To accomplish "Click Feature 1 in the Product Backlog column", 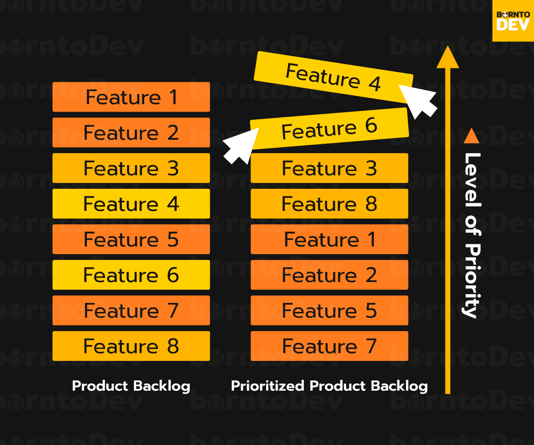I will coord(131,97).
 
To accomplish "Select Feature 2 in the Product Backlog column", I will coord(131,133).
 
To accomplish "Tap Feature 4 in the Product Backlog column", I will coord(131,204).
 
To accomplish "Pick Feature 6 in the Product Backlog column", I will coord(131,275).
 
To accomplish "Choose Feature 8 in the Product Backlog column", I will coord(131,346).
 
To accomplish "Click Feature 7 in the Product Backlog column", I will coord(131,311).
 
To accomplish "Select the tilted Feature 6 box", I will coord(329,129).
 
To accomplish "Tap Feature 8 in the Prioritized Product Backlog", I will coord(329,204).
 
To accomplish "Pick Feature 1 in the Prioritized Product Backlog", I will coord(329,239).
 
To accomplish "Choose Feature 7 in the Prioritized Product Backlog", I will coord(329,346).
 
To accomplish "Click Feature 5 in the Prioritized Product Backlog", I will coord(329,311).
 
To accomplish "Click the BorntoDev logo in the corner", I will coord(513,20).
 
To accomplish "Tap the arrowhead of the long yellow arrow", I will coord(447,58).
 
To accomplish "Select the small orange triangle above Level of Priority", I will coord(471,136).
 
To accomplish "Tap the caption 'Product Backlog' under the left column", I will coord(131,386).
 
